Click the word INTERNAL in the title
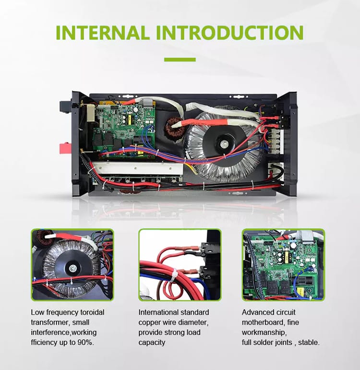point(103,32)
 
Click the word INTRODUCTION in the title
point(230,32)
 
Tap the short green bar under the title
point(180,60)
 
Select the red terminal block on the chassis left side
point(64,148)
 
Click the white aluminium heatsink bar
point(137,168)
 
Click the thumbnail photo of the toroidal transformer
point(72,264)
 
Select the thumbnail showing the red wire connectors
point(180,264)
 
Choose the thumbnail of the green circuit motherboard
point(283,264)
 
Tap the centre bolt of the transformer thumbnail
point(72,268)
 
